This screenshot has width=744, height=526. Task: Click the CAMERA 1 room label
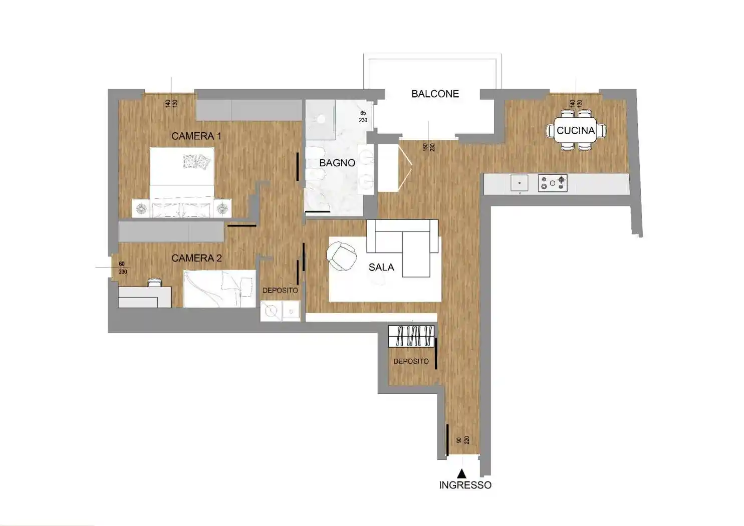196,136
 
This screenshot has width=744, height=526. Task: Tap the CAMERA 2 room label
196,258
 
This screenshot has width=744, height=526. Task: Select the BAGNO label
337,163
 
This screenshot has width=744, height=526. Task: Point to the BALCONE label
435,94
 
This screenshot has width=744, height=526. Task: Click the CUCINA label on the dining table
576,131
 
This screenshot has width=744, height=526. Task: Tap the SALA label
381,268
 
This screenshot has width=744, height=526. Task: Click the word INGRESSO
465,485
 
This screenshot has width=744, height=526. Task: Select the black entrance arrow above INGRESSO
461,473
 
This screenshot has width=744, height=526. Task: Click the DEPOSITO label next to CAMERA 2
280,290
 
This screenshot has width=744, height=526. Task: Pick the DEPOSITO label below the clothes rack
411,361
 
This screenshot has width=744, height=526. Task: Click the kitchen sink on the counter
520,183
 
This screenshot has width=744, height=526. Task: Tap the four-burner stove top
553,183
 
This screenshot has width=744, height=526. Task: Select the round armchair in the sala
342,256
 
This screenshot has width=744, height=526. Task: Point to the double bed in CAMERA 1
182,182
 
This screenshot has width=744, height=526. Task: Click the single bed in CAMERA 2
219,289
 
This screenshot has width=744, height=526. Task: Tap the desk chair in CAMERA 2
155,282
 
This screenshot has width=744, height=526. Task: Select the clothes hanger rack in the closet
411,336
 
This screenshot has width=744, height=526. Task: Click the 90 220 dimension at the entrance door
463,440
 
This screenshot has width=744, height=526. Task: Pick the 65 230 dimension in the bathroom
363,117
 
